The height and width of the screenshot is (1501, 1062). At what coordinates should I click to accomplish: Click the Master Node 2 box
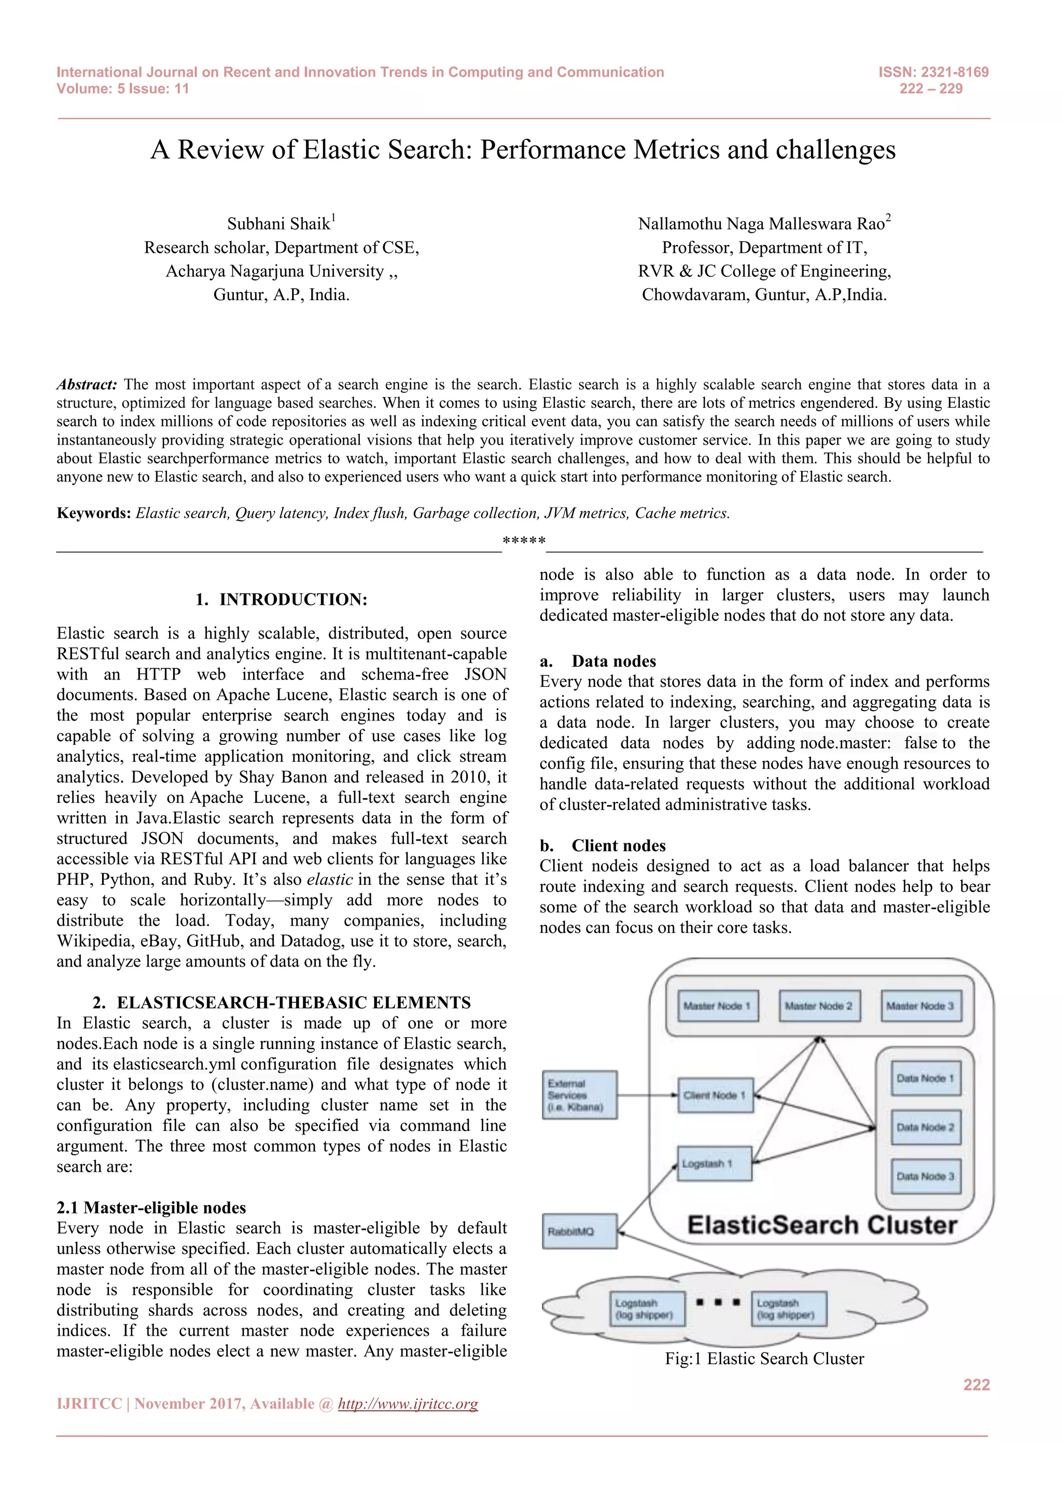pos(819,1006)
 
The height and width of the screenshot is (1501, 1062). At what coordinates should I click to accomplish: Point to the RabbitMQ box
pos(579,1231)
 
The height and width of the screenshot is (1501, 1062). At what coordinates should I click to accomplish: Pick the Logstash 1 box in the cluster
pos(714,1164)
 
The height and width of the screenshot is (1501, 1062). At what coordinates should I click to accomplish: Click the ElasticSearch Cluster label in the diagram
pos(822,1224)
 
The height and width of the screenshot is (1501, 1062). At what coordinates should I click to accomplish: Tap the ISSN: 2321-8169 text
pos(933,72)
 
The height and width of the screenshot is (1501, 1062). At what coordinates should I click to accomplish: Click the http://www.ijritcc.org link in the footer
pos(408,1404)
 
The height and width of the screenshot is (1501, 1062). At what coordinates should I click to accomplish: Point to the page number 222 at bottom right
pos(976,1384)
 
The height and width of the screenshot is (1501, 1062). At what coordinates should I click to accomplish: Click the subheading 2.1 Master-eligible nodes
pos(151,1208)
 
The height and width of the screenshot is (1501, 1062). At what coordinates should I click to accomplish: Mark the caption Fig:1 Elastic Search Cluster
pos(764,1358)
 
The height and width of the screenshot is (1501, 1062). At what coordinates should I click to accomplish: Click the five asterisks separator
pos(524,541)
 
